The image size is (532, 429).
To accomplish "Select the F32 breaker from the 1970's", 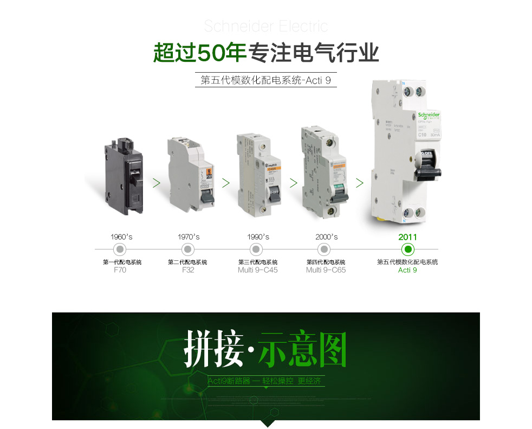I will coord(188,175).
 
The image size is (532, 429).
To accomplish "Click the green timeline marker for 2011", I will coord(408,249).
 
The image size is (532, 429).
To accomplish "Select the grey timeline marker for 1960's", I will coord(120,249).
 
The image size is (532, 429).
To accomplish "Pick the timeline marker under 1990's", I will coord(256,249).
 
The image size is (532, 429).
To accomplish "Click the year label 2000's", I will coord(326,237).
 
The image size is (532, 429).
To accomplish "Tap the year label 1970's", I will coord(189,237).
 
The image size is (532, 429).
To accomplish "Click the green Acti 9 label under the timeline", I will coord(407,270).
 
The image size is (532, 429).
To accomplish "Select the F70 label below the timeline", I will coord(120,270).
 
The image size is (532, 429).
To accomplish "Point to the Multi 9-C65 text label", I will coord(326,270).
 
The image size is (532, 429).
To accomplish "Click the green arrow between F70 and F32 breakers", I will coord(156,183).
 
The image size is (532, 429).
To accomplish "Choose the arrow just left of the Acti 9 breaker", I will coord(359,183).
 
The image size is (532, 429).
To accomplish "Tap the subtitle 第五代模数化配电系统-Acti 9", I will coord(265,81).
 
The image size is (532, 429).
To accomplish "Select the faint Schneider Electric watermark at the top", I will coord(265,26).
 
